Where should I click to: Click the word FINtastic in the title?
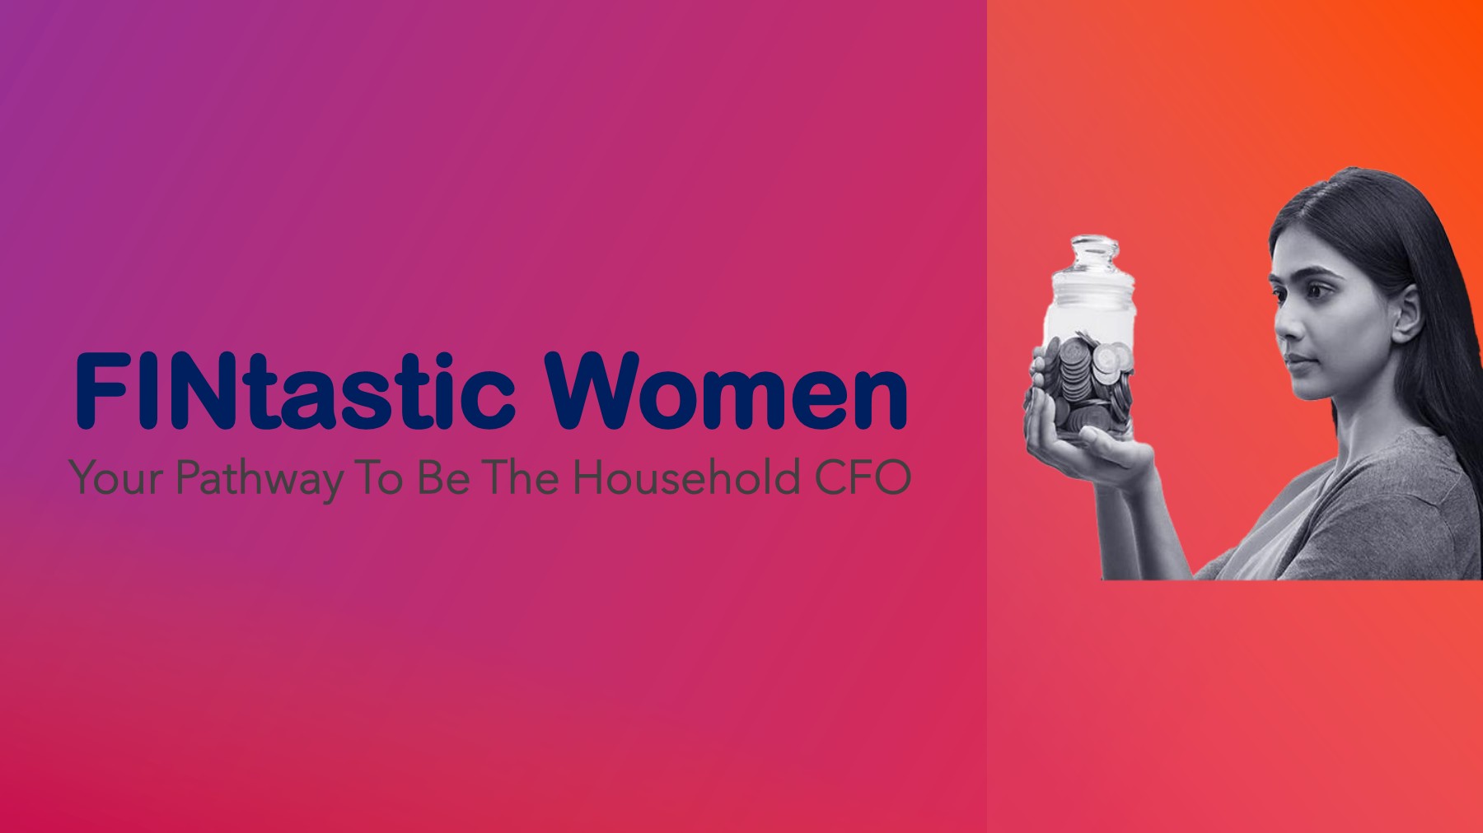point(296,391)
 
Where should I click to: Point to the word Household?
point(687,477)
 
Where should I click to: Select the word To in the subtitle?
point(381,478)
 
